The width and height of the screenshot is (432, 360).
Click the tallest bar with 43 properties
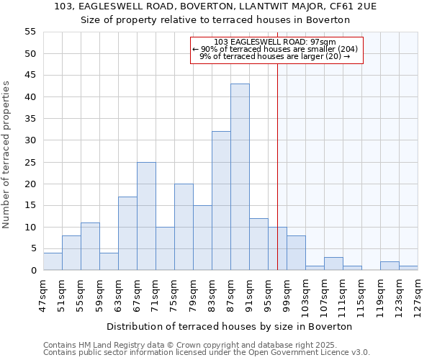tap(240, 177)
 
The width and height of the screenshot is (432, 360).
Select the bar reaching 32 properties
tap(221, 201)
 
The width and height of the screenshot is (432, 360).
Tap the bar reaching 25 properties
tap(146, 216)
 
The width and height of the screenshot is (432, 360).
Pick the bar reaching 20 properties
tap(184, 227)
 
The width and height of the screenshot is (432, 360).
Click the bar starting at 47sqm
tap(53, 261)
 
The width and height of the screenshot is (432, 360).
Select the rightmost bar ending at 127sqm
tap(408, 268)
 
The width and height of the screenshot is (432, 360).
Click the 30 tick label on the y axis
tap(30, 140)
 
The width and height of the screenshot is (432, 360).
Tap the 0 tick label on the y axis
tap(32, 271)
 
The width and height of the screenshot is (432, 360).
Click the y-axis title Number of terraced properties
tap(6, 155)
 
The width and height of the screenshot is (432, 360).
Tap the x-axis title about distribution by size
tap(230, 326)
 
